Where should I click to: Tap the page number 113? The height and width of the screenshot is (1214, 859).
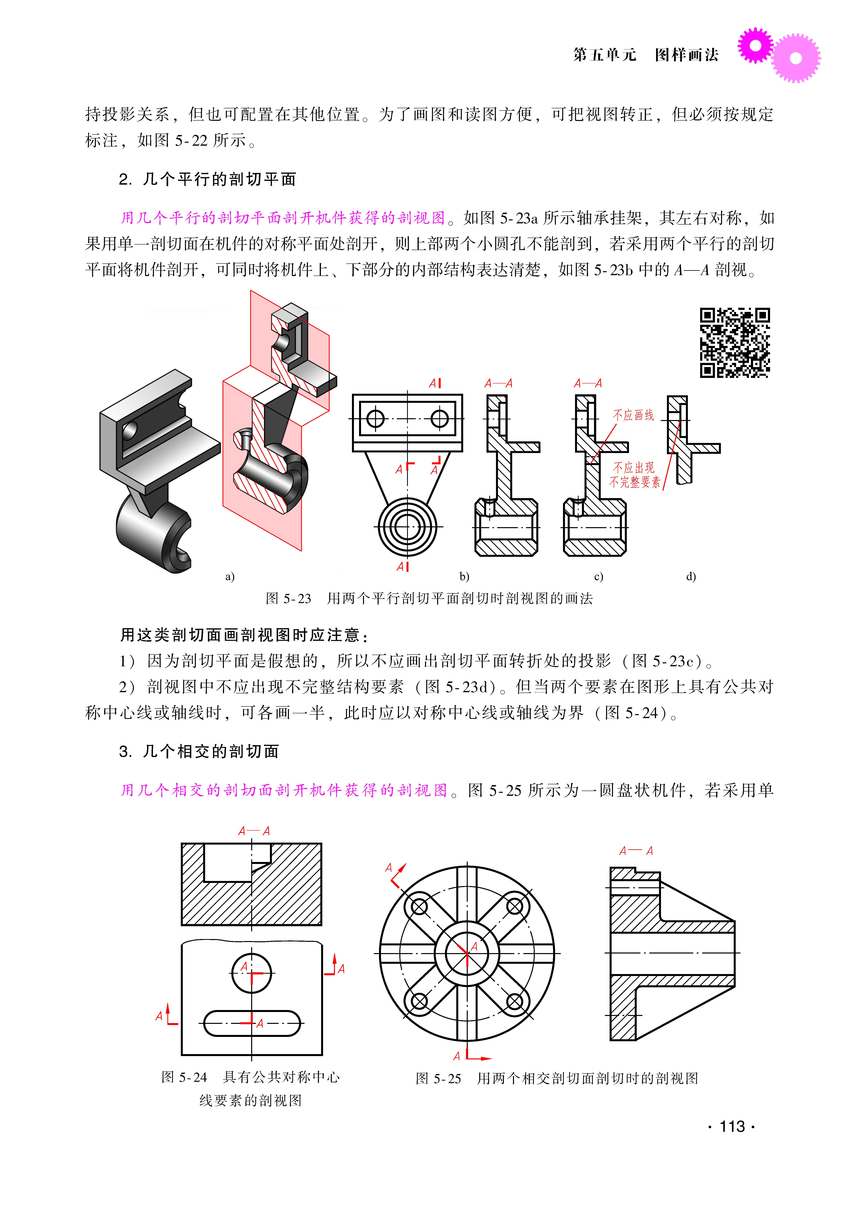(732, 1127)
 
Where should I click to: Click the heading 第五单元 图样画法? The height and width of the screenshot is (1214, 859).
(645, 55)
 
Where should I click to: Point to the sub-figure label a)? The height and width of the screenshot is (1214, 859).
(230, 577)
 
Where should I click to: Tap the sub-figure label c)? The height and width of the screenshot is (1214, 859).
(598, 577)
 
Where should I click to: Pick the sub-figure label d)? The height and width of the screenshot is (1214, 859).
(691, 577)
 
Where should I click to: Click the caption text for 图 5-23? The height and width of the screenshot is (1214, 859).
(429, 598)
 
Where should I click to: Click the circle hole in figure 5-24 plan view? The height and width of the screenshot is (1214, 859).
(252, 973)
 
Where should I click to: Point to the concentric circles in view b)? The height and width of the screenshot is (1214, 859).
(407, 527)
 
